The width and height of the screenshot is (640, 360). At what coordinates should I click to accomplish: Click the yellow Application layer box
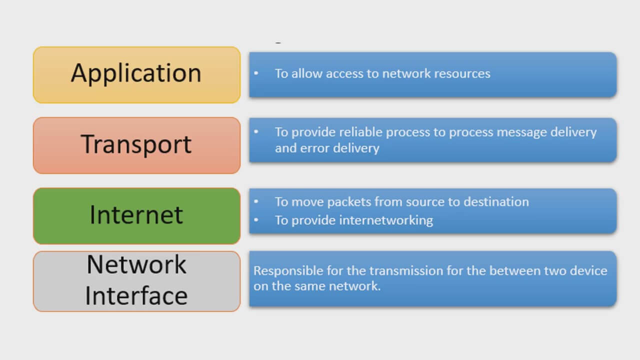click(136, 75)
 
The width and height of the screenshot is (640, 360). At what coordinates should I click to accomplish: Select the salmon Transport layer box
click(136, 145)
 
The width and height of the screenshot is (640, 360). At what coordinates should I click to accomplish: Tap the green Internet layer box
click(136, 216)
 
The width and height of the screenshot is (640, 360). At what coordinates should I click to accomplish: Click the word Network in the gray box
click(136, 264)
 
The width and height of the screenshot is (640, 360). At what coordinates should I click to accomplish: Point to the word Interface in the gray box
click(136, 295)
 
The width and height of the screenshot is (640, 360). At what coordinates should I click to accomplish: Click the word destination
click(496, 201)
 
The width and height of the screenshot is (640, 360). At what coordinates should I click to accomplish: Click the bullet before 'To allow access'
click(256, 73)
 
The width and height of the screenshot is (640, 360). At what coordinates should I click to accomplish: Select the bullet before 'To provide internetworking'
click(256, 220)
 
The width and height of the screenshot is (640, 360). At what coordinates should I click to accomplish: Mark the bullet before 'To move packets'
click(256, 201)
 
